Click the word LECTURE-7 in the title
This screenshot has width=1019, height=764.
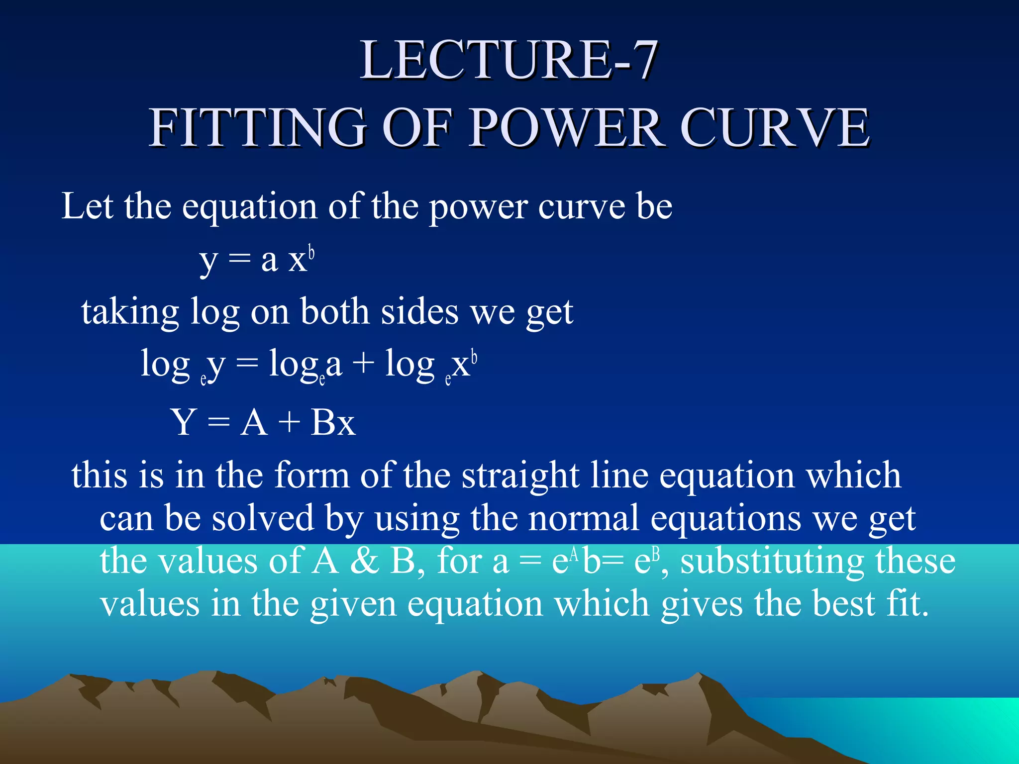509,61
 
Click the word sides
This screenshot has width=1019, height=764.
419,312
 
